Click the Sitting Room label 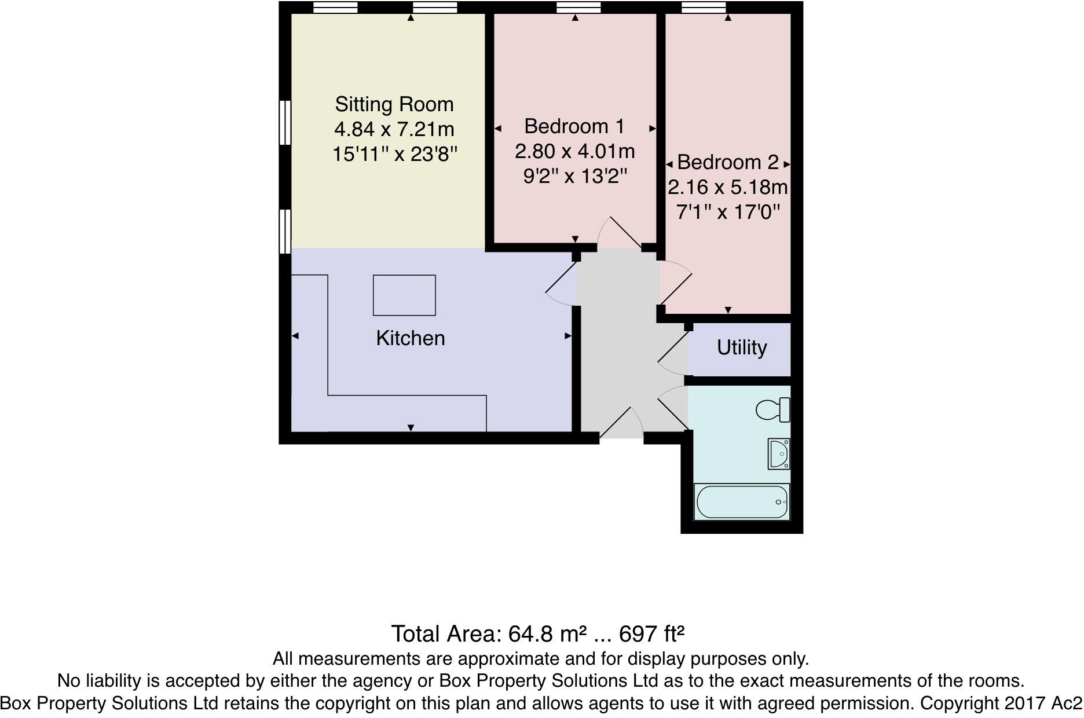click(394, 104)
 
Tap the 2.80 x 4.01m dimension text click(574, 151)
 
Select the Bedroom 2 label click(728, 162)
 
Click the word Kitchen click(410, 338)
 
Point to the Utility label click(741, 347)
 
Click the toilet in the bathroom click(773, 410)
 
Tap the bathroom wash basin click(779, 453)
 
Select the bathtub click(741, 501)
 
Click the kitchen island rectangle click(404, 295)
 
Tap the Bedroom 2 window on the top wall click(704, 8)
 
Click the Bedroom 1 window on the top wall click(578, 8)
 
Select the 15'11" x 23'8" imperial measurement click(395, 154)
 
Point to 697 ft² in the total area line click(652, 634)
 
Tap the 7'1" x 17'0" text click(728, 212)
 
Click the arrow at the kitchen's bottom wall click(411, 428)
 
